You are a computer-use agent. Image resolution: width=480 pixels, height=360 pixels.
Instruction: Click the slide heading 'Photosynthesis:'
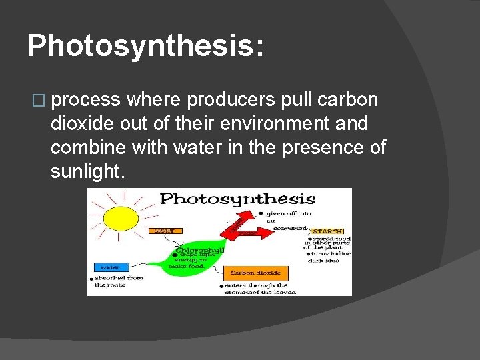pyautogui.click(x=145, y=45)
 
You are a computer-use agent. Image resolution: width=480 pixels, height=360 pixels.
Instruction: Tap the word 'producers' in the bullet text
pyautogui.click(x=230, y=100)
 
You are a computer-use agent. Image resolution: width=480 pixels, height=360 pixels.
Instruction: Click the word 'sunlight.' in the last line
pyautogui.click(x=87, y=172)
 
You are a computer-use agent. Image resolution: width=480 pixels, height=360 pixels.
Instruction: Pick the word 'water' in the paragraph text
pyautogui.click(x=200, y=148)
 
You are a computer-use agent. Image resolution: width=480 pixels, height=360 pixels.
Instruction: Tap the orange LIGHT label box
pyautogui.click(x=165, y=230)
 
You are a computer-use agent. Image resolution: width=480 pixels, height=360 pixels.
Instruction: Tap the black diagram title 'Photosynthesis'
pyautogui.click(x=237, y=199)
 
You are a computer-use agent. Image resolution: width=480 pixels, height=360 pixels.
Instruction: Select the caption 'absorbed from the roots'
pyautogui.click(x=118, y=281)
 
